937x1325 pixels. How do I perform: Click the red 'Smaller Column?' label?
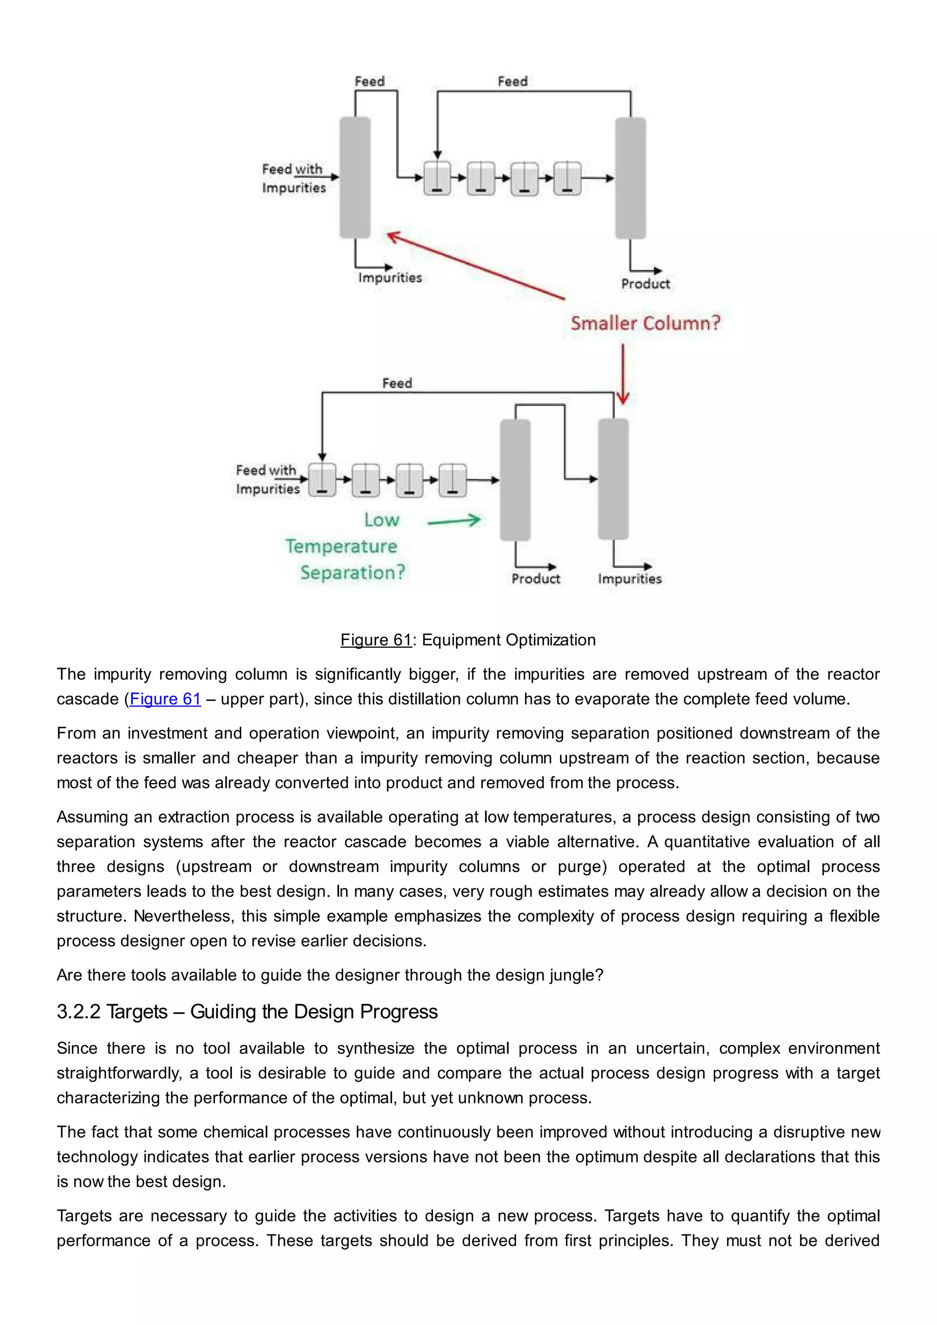point(645,323)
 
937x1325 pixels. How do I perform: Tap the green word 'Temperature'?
point(341,546)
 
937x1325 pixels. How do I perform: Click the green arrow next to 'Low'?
point(454,521)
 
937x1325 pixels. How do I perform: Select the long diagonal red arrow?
point(476,266)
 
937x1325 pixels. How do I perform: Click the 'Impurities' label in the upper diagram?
point(389,278)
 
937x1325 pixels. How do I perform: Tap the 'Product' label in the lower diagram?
point(535,578)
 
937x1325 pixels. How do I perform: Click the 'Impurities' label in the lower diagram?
point(630,578)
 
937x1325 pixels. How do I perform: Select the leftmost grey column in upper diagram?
point(355,177)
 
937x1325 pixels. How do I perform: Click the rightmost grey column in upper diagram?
point(630,178)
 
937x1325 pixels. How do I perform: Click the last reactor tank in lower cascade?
point(452,479)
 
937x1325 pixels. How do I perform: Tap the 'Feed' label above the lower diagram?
point(397,383)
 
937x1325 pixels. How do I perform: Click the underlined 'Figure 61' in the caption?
point(376,640)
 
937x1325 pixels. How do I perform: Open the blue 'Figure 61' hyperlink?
point(165,699)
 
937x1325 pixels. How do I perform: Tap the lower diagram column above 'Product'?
point(515,479)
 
